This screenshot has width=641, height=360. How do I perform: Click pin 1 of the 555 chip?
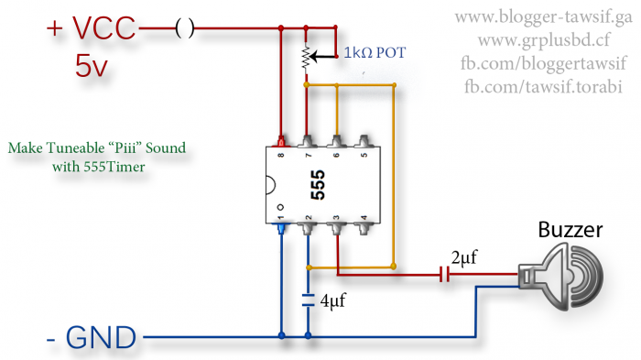click(280, 224)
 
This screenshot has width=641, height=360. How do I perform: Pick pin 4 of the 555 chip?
click(365, 224)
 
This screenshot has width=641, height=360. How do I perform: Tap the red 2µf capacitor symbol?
click(445, 273)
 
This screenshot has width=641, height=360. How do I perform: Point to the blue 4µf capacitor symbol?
click(309, 298)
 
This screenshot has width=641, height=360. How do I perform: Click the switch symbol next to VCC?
click(184, 29)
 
